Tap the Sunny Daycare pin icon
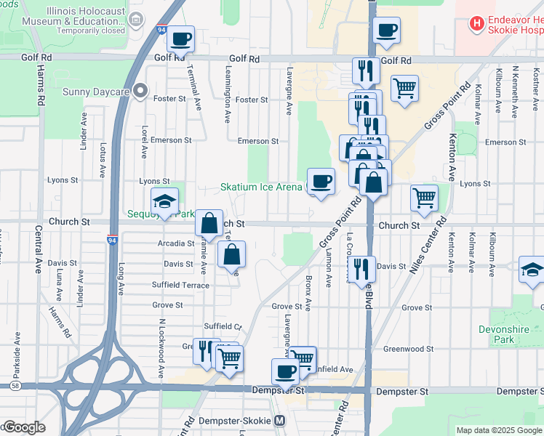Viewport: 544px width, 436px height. (141, 92)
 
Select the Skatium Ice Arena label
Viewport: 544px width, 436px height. (261, 187)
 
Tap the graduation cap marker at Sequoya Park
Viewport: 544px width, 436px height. (165, 201)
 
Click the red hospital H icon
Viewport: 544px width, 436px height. (477, 24)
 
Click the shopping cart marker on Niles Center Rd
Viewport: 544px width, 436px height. (424, 197)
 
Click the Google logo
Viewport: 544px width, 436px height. (24, 427)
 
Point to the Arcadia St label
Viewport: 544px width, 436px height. (176, 243)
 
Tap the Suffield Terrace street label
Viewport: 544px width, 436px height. (180, 285)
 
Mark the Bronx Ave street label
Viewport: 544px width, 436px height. (309, 288)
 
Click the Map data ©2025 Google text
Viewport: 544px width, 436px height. (499, 430)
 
